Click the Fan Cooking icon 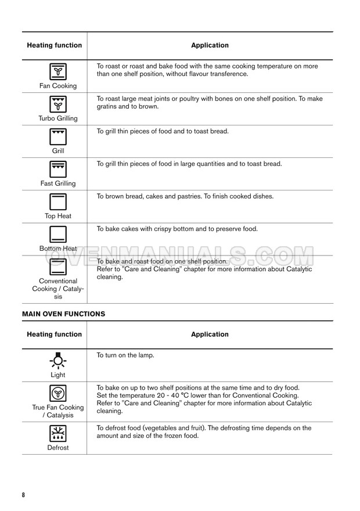pyautogui.click(x=57, y=72)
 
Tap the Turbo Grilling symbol pyautogui.click(x=57, y=105)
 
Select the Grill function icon pyautogui.click(x=57, y=137)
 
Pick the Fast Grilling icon pyautogui.click(x=57, y=170)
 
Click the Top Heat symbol pyautogui.click(x=57, y=202)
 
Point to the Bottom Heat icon pyautogui.click(x=57, y=234)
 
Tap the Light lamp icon pyautogui.click(x=57, y=361)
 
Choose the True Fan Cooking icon pyautogui.click(x=57, y=393)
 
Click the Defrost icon pyautogui.click(x=57, y=433)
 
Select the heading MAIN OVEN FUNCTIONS pyautogui.click(x=63, y=314)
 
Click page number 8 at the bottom pyautogui.click(x=24, y=495)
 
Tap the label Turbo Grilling pyautogui.click(x=57, y=118)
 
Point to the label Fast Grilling pyautogui.click(x=57, y=183)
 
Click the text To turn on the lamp pyautogui.click(x=125, y=355)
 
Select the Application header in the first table pyautogui.click(x=210, y=45)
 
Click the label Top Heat pyautogui.click(x=57, y=216)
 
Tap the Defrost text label pyautogui.click(x=57, y=448)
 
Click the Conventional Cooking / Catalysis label pyautogui.click(x=57, y=289)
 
